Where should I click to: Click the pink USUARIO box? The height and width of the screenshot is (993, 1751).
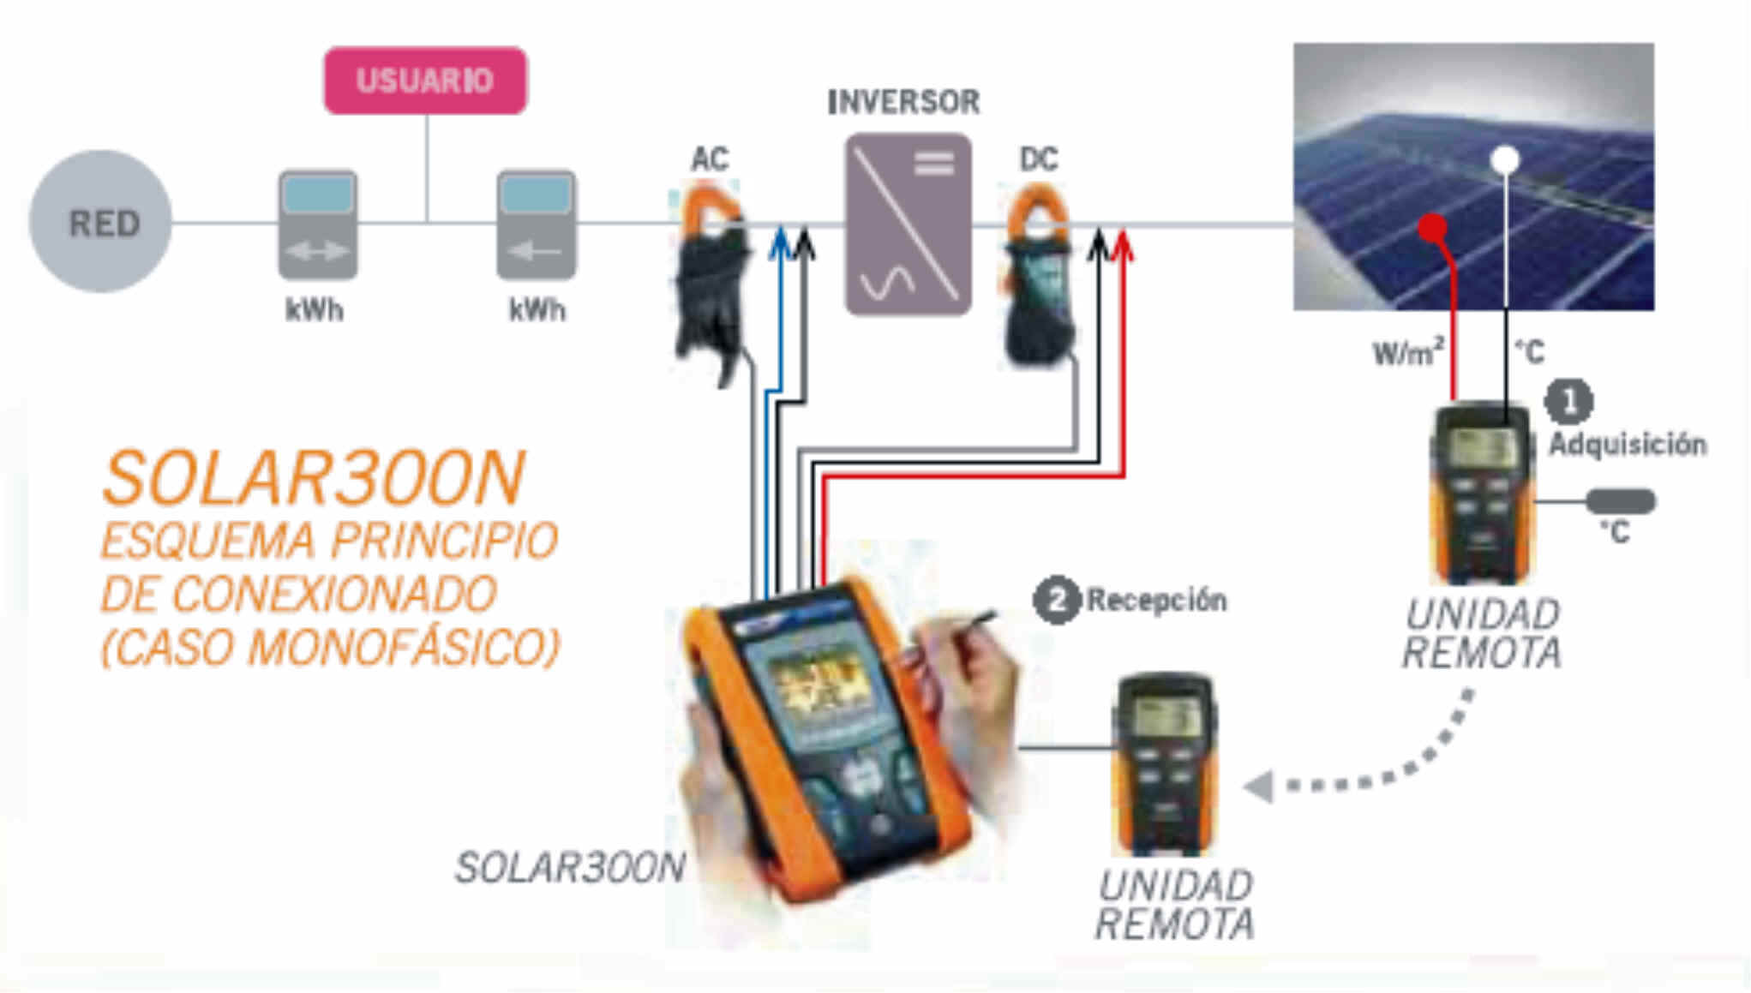click(x=425, y=81)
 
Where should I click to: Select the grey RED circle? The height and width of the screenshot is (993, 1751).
click(x=101, y=222)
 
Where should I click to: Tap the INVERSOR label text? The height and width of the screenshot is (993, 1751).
click(x=903, y=102)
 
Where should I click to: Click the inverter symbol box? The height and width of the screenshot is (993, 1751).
click(x=908, y=224)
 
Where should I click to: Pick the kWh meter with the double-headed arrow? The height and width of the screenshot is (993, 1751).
click(x=317, y=224)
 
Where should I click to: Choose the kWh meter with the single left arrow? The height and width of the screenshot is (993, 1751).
click(x=537, y=224)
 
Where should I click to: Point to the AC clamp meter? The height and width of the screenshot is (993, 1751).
click(x=711, y=274)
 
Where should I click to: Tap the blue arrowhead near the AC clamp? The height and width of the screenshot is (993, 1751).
click(x=780, y=242)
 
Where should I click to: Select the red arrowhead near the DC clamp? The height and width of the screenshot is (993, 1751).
click(x=1123, y=243)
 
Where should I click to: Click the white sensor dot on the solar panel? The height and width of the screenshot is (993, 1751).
click(x=1506, y=159)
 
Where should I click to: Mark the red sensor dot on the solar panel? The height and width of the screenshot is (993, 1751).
click(x=1433, y=228)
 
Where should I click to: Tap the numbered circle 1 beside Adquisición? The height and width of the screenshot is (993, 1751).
click(x=1568, y=401)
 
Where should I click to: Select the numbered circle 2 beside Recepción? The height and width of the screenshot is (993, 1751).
click(x=1056, y=600)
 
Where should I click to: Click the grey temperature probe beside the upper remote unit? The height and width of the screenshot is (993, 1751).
click(x=1621, y=501)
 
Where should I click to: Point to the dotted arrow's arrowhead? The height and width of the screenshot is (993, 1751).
click(x=1258, y=786)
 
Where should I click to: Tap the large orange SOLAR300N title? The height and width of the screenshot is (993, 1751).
click(x=313, y=479)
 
